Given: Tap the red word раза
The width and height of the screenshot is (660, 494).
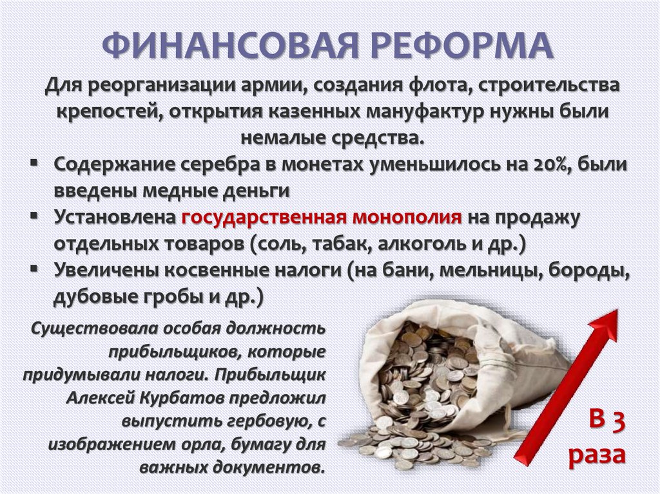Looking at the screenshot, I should (x=597, y=454).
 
